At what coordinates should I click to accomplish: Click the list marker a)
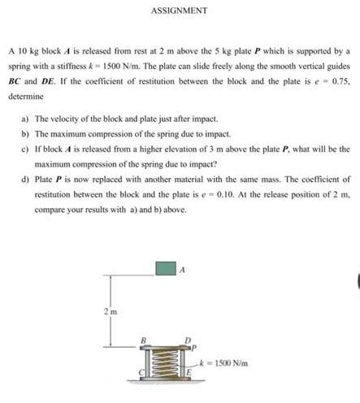tap(26, 119)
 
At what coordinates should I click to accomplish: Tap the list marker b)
tap(26, 134)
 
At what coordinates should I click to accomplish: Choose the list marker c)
tap(26, 149)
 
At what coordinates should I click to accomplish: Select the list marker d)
tap(26, 180)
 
